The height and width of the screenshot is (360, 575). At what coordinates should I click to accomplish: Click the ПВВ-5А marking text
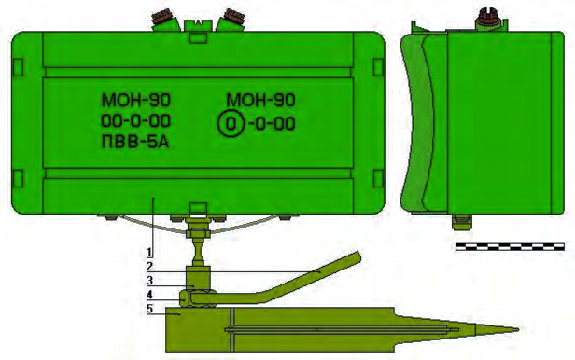(x=135, y=142)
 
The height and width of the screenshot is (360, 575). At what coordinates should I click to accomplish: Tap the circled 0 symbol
(x=231, y=124)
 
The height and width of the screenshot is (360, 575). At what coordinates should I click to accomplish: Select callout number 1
(x=149, y=253)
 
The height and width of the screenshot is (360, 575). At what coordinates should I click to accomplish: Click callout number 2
(x=149, y=267)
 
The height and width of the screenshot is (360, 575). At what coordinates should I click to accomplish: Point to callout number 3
(x=149, y=281)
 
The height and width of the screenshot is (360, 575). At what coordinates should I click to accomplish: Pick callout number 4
(x=149, y=295)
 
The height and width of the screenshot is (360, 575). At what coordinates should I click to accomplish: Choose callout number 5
(x=149, y=309)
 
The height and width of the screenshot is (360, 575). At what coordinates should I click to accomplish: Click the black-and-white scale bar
(x=510, y=246)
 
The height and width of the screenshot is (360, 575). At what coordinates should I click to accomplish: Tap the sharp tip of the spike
(x=518, y=329)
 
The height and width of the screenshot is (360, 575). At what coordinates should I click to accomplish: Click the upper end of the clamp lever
(x=357, y=256)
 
